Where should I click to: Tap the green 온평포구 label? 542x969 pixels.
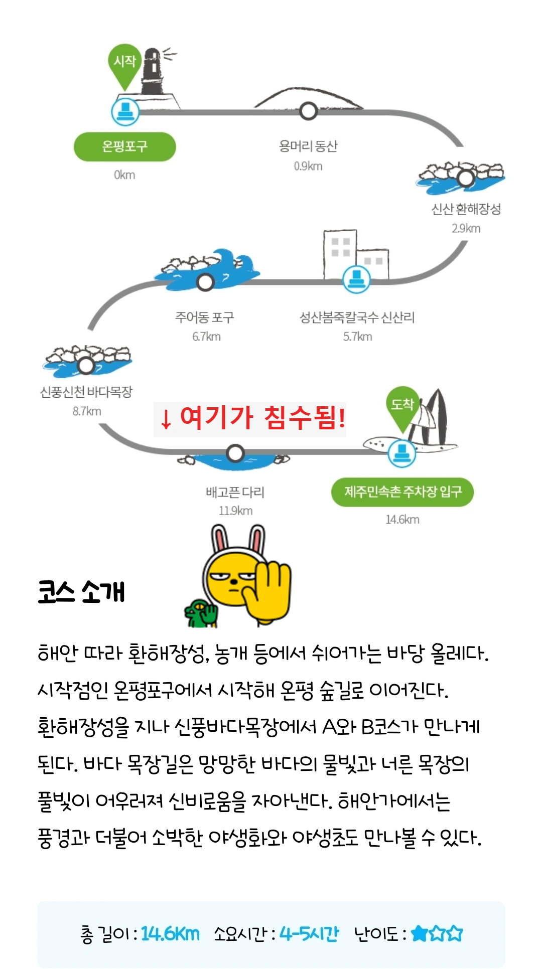[x=125, y=146]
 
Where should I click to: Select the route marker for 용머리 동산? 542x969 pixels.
[x=308, y=111]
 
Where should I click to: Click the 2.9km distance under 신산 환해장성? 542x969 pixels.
[x=466, y=229]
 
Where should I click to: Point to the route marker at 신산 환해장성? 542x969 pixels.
[x=466, y=178]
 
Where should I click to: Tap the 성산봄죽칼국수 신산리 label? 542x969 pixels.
[x=357, y=317]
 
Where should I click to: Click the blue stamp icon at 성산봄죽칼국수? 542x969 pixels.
[x=357, y=278]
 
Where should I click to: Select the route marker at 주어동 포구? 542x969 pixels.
[x=205, y=282]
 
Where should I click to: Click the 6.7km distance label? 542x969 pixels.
[x=206, y=337]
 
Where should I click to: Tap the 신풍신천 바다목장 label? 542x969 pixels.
[x=86, y=392]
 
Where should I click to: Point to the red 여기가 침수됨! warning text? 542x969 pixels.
[x=250, y=418]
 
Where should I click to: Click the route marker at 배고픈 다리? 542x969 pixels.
[x=235, y=453]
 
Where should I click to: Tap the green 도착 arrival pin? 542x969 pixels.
[x=402, y=406]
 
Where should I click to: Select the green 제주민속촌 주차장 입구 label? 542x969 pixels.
[x=402, y=492]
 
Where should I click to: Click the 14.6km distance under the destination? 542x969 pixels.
[x=402, y=520]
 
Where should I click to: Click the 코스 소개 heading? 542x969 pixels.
[x=81, y=592]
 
